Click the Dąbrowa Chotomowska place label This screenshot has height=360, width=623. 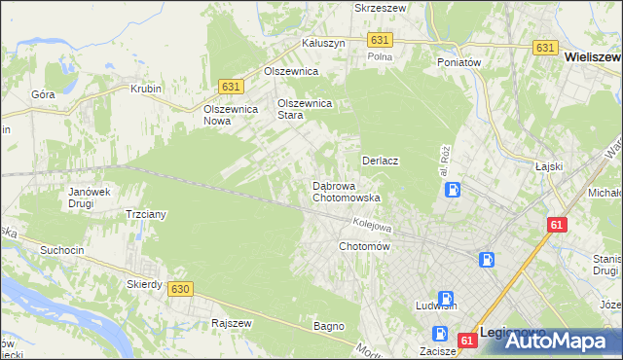point(346,191)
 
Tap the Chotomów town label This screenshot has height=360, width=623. point(364,247)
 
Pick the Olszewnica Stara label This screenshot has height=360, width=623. point(306,108)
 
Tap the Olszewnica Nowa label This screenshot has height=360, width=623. point(230,115)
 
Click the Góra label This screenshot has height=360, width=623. point(43,95)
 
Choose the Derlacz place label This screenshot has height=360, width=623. point(383,160)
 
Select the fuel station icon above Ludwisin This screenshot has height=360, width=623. point(445,299)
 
